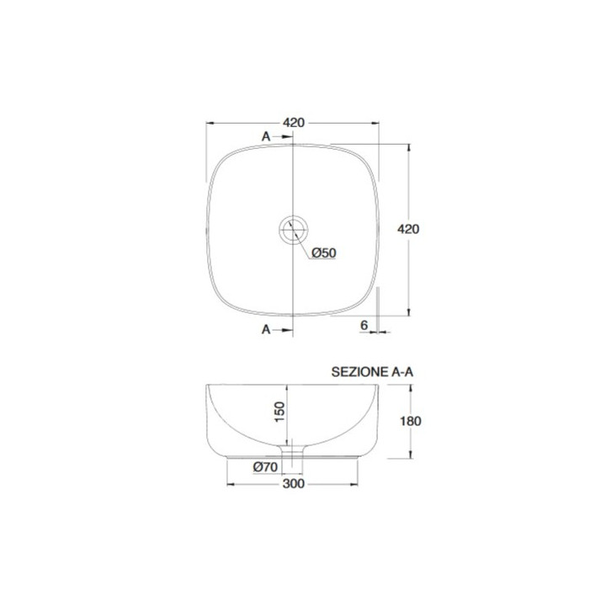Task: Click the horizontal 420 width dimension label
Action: [294, 123]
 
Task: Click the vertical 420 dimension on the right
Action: [408, 229]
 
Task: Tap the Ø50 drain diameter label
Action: [324, 252]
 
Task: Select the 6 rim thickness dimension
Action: [364, 326]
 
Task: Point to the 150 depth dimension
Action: [279, 412]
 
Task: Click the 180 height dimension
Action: [411, 421]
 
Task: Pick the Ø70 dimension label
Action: [265, 467]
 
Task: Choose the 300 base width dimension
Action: [294, 484]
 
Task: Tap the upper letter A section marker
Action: [266, 136]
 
